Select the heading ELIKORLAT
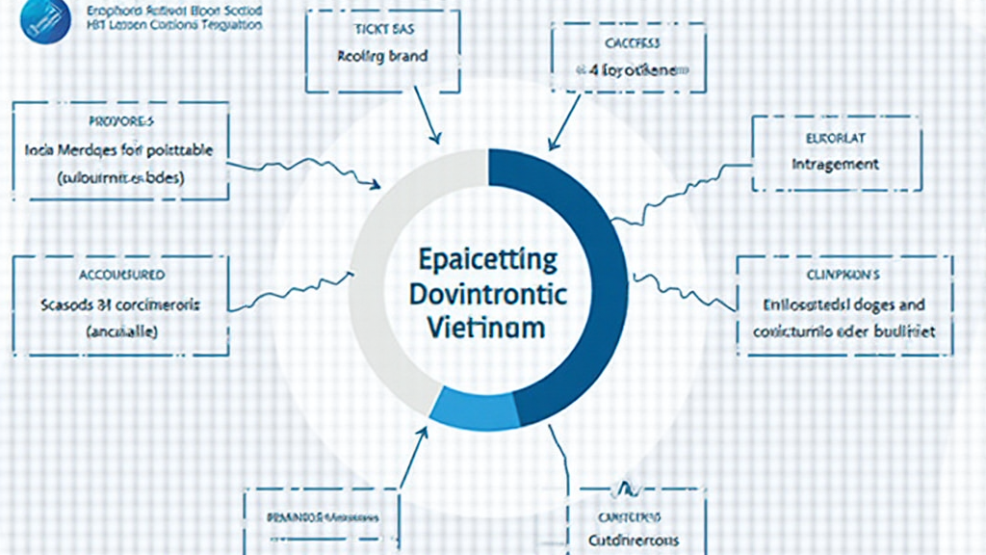[x=834, y=138]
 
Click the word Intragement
[x=834, y=164]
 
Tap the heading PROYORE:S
[x=120, y=123]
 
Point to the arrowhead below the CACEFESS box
[x=553, y=145]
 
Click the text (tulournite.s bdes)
[x=120, y=178]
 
